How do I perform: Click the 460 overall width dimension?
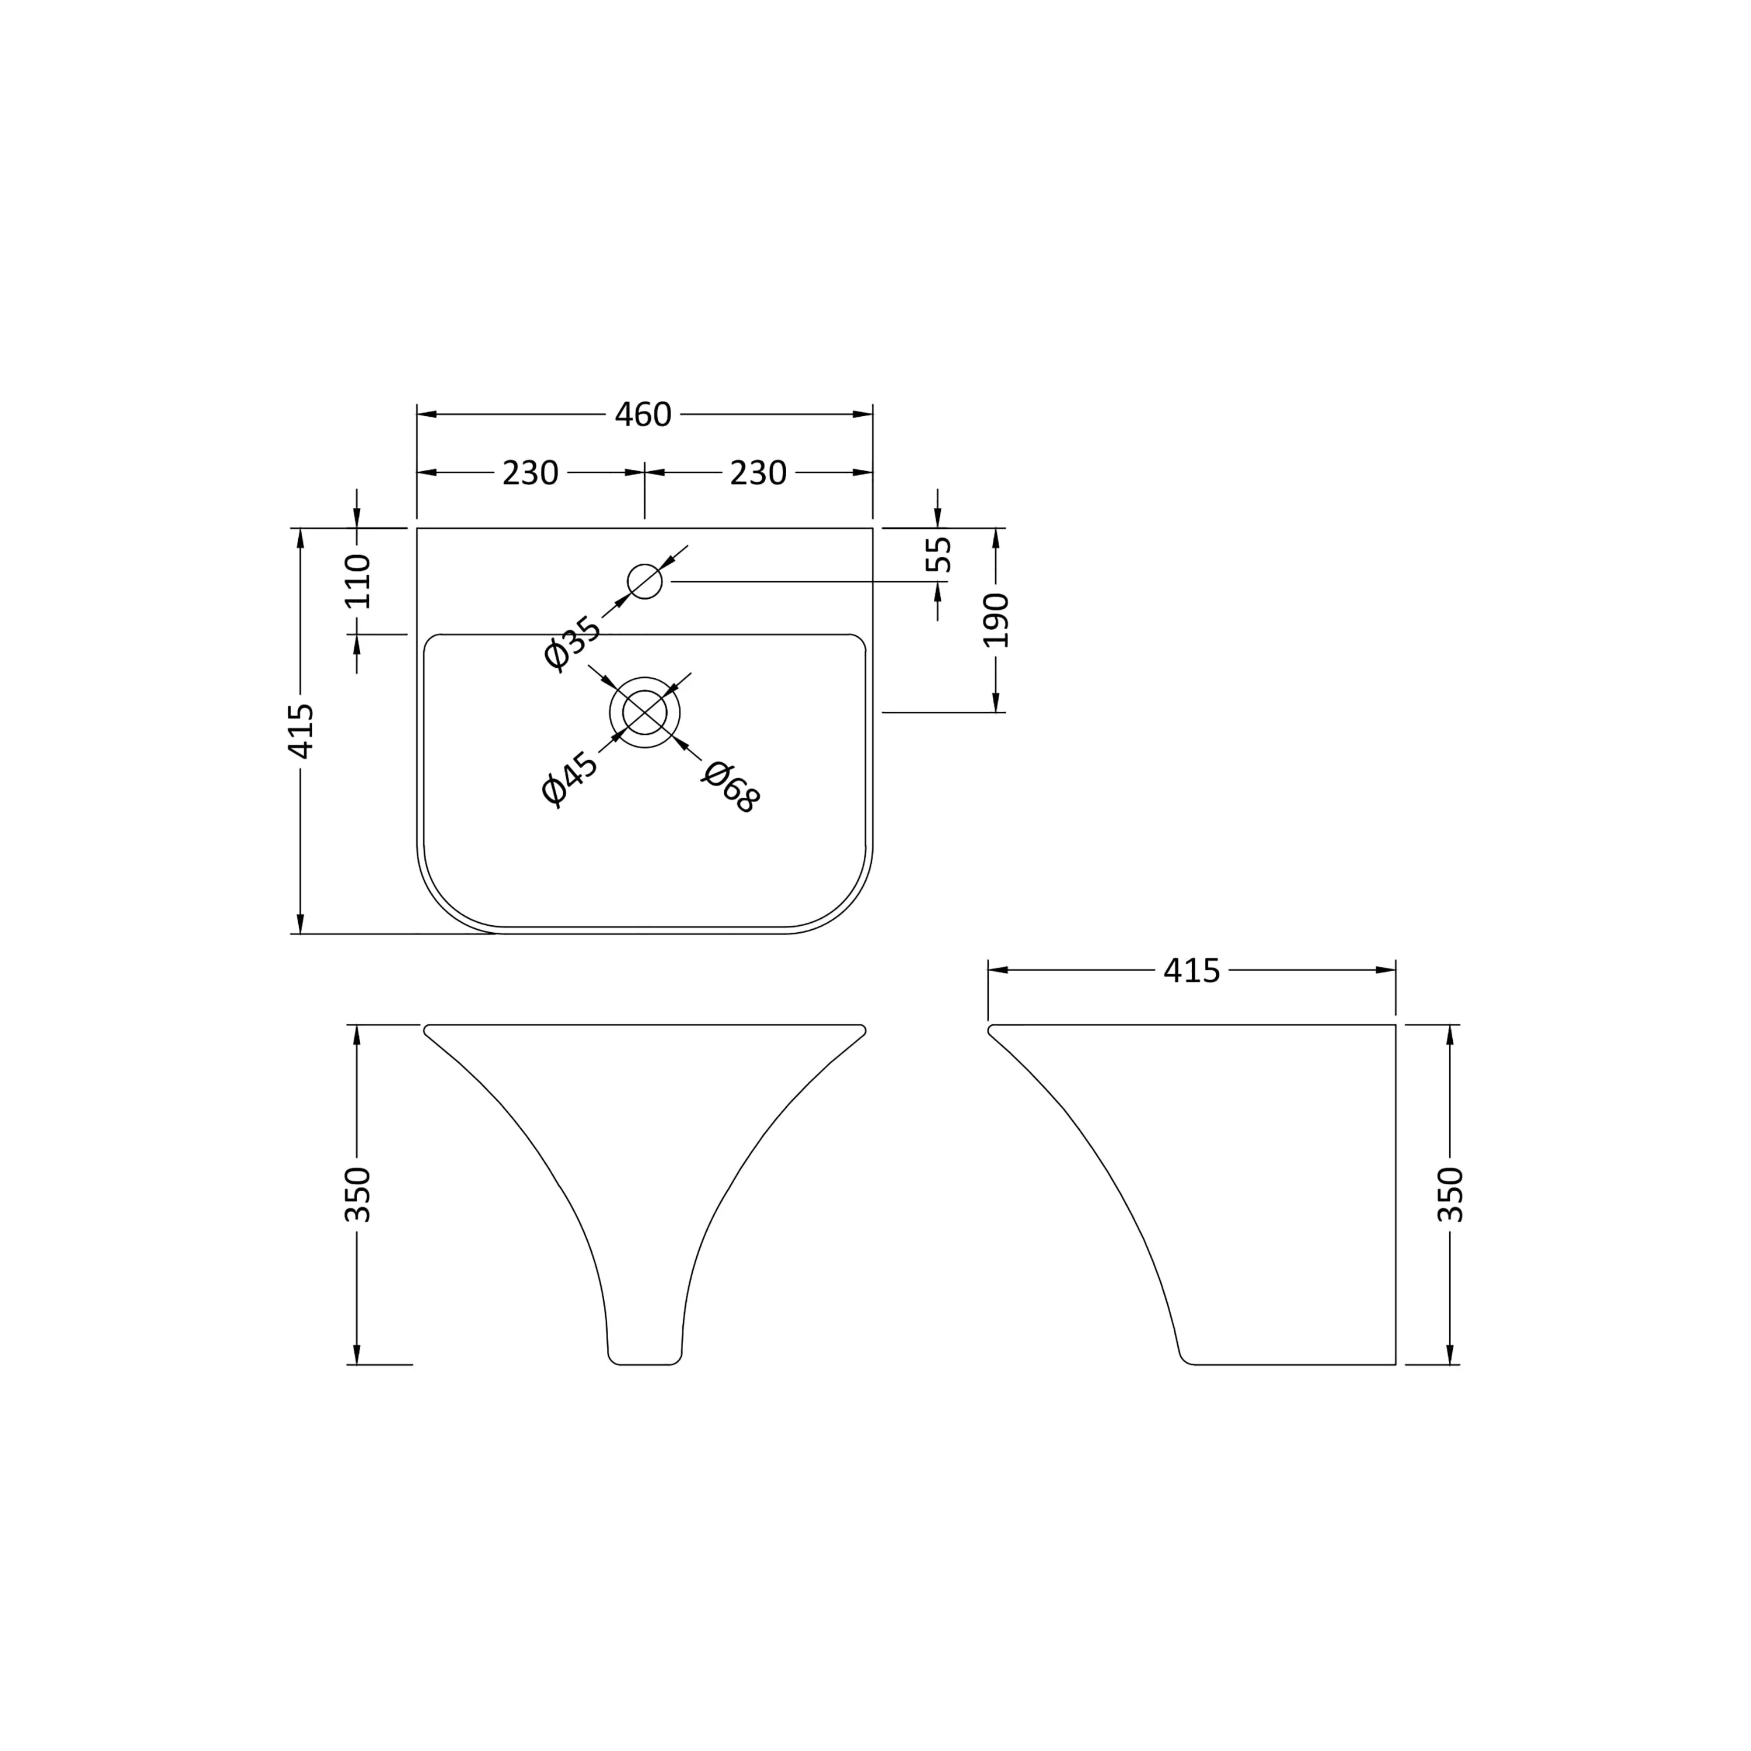(643, 415)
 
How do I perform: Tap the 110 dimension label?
(357, 580)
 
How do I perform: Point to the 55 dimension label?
(939, 554)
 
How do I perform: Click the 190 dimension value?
(996, 620)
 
